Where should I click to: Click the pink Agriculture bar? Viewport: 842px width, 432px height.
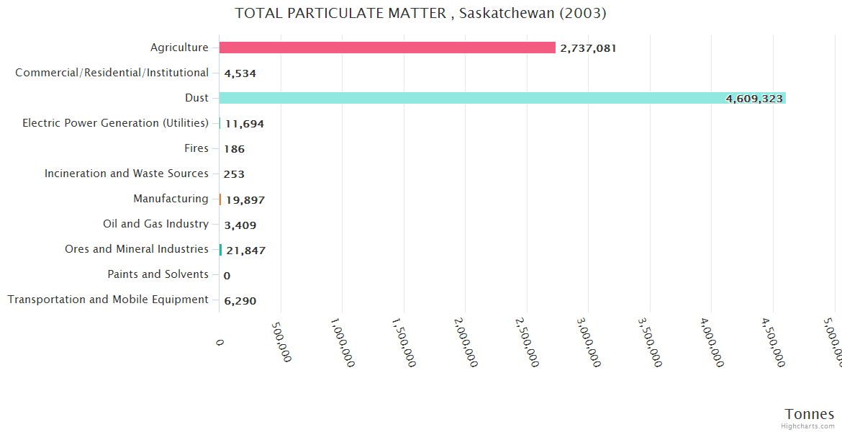(387, 48)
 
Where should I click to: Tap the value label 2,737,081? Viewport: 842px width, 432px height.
(588, 48)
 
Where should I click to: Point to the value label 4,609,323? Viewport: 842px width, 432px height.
(753, 99)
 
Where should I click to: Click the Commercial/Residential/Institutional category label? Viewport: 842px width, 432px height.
(112, 73)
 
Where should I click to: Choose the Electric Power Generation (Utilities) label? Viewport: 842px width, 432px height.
(115, 123)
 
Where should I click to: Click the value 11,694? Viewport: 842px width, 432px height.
(244, 124)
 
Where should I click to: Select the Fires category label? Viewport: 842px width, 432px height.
(196, 148)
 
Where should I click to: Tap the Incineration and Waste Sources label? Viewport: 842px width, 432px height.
(126, 174)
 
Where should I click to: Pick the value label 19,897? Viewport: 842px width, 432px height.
(245, 199)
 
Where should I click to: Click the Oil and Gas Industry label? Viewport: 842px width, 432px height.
(155, 224)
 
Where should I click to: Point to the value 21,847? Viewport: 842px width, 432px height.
(245, 250)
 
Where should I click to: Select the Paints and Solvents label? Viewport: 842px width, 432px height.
(158, 274)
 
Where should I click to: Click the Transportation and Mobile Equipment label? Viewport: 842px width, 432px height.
(108, 300)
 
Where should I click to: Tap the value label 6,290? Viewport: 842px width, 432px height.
(240, 301)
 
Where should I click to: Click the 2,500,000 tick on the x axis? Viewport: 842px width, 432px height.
(528, 343)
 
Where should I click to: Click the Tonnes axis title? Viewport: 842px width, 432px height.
(809, 413)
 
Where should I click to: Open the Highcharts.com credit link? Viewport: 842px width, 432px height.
(809, 426)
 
